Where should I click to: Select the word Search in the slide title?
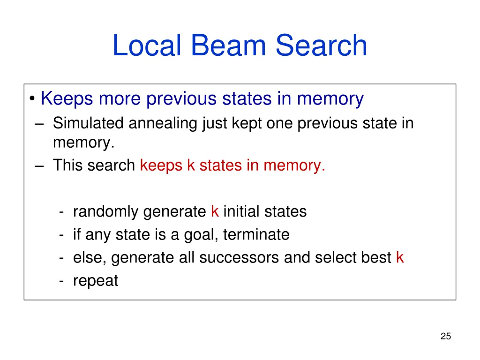click(321, 46)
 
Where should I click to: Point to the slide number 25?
click(445, 336)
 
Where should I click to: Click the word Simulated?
click(88, 123)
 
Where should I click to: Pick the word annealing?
click(164, 124)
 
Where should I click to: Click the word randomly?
click(106, 212)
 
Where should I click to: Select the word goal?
click(198, 235)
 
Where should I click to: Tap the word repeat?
click(96, 281)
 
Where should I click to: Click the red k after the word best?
click(399, 257)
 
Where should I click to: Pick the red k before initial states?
click(215, 211)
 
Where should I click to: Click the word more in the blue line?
click(120, 99)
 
